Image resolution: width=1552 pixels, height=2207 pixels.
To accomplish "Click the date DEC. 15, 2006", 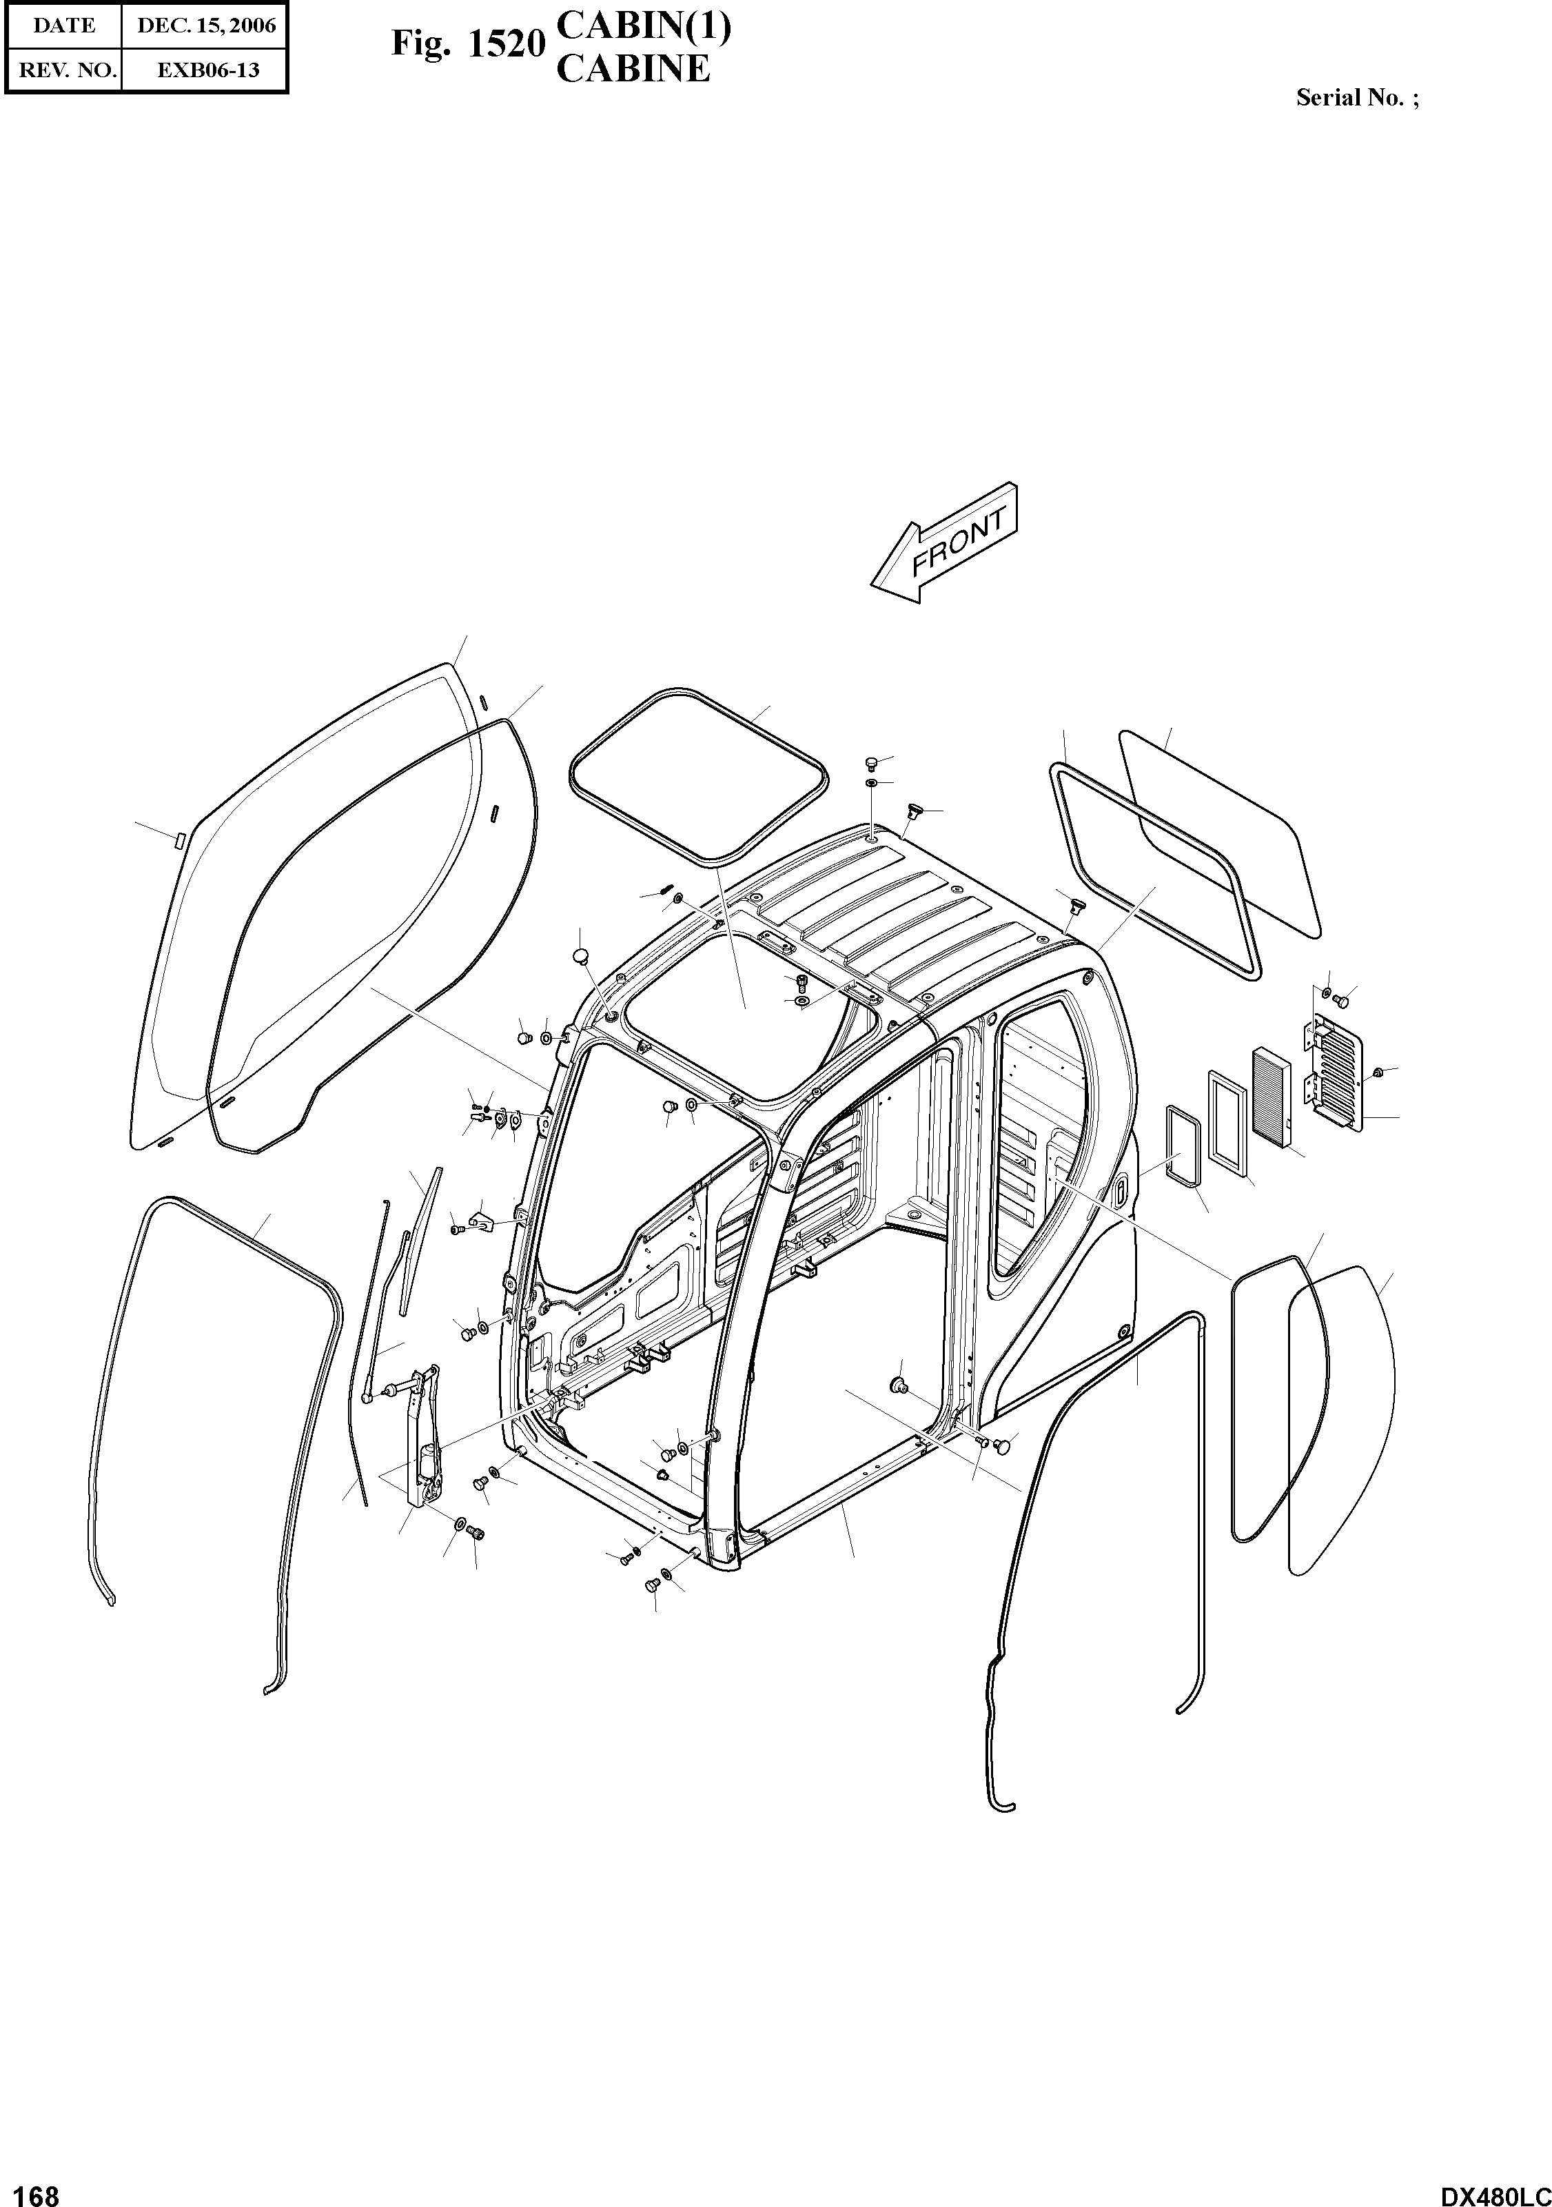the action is tap(205, 26).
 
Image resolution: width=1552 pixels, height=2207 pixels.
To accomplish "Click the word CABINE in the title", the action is tap(633, 69).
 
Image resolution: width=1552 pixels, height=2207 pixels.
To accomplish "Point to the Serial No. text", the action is tap(1356, 98).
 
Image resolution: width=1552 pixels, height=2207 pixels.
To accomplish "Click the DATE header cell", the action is tap(64, 26).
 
